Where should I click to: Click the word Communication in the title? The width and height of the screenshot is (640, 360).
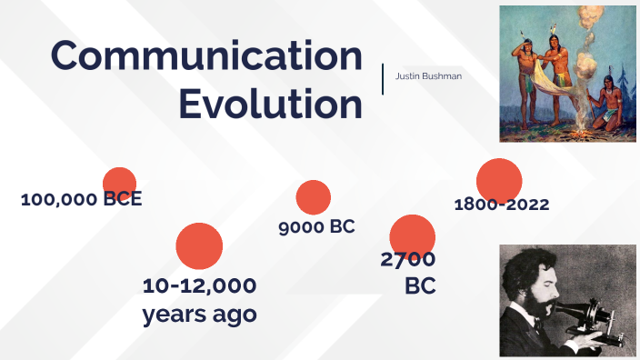coord(206,56)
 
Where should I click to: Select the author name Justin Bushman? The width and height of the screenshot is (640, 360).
coord(428,75)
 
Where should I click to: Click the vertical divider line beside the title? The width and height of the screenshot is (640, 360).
coord(383,79)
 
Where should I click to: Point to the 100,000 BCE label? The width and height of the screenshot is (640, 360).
coord(81,199)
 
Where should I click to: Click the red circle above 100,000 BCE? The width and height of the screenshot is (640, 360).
coord(119,183)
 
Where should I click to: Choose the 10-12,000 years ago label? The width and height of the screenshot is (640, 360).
coord(199,300)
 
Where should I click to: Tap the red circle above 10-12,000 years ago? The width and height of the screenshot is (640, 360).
coord(199,245)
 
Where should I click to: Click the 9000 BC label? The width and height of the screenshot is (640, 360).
coord(316,226)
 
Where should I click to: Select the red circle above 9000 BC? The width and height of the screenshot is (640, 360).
coord(314,197)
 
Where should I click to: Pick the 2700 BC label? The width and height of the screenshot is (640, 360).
coord(408,272)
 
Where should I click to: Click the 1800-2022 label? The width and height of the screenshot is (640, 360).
coord(502,205)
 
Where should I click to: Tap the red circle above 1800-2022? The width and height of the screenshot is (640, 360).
coord(499,180)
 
